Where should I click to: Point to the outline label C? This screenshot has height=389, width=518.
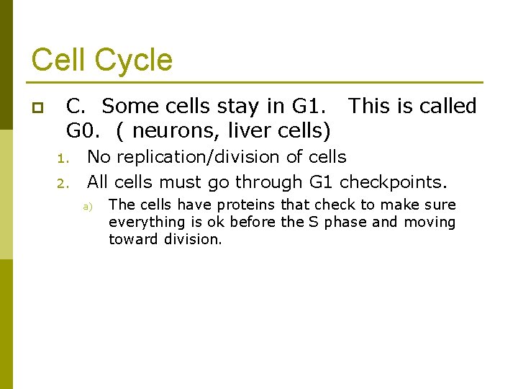(x=76, y=107)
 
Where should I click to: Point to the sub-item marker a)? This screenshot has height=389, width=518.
(x=88, y=207)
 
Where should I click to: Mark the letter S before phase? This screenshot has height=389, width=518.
(x=314, y=223)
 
